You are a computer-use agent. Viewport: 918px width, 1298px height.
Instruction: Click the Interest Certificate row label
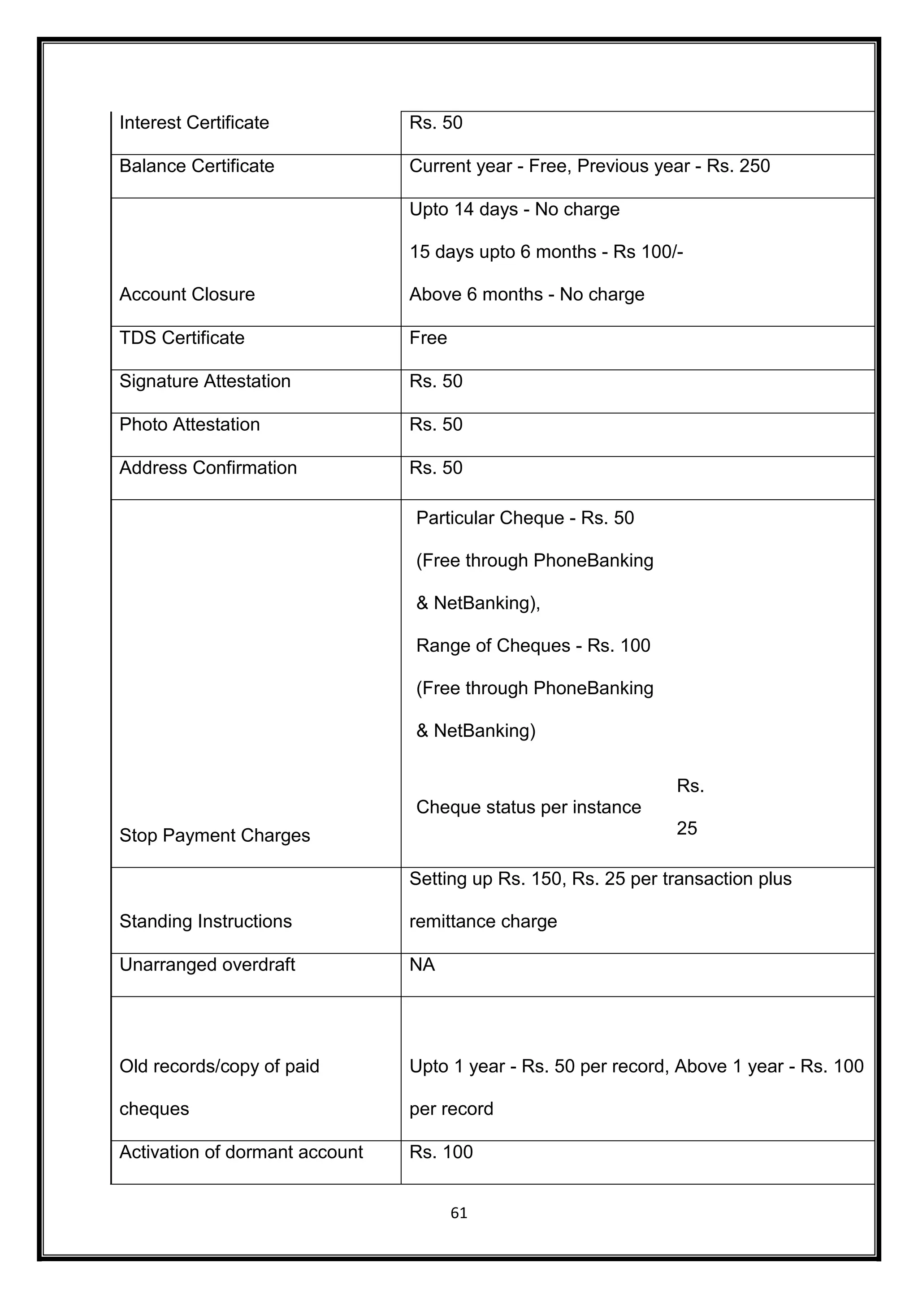click(x=194, y=123)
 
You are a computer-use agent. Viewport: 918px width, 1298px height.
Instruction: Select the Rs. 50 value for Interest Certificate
click(x=435, y=123)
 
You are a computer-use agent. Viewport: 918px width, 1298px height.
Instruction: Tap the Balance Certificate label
click(x=196, y=166)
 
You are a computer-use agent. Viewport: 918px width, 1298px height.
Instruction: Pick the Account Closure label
click(x=186, y=294)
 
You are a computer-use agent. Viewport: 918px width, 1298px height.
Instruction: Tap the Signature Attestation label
click(x=205, y=381)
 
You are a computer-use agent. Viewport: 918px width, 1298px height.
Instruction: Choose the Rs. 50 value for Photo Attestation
click(x=435, y=424)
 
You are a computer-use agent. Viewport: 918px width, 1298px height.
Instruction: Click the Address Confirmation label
click(x=208, y=468)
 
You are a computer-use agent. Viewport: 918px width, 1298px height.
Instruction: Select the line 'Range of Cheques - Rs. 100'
click(x=533, y=645)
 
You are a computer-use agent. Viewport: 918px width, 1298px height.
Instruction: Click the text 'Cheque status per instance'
click(x=528, y=807)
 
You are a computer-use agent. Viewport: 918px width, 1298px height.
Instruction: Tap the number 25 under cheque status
click(x=686, y=829)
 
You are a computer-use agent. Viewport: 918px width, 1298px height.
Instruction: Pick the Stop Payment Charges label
click(x=214, y=835)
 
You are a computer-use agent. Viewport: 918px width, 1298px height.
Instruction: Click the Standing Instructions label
click(x=205, y=922)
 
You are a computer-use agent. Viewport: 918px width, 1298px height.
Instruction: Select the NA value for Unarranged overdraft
click(x=422, y=965)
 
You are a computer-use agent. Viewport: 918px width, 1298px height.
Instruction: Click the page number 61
click(x=459, y=1213)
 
